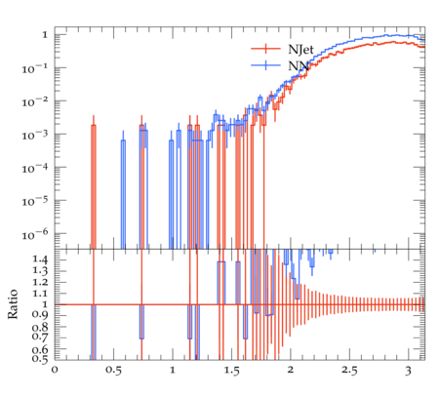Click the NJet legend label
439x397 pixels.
(300, 49)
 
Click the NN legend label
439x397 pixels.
(299, 65)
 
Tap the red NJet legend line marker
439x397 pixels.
(265, 49)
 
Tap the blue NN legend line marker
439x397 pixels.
(265, 65)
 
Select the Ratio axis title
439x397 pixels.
(13, 304)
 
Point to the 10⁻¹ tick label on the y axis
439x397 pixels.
(34, 68)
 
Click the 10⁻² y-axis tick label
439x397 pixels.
(34, 101)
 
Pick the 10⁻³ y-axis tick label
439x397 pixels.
(34, 135)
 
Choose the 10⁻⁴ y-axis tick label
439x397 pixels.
(34, 168)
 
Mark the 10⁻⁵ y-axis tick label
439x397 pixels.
(34, 201)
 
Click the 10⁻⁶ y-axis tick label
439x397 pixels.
(34, 234)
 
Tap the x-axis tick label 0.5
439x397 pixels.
(113, 370)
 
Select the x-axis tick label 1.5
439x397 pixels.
(231, 370)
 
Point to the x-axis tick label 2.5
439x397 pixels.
(349, 370)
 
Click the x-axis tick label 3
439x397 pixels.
(408, 371)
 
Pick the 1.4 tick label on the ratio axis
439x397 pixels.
(40, 259)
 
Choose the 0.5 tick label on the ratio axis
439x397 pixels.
(40, 358)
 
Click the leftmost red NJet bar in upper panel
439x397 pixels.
(94, 187)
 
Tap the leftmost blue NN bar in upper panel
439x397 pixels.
(123, 194)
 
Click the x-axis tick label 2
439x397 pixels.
(290, 370)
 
